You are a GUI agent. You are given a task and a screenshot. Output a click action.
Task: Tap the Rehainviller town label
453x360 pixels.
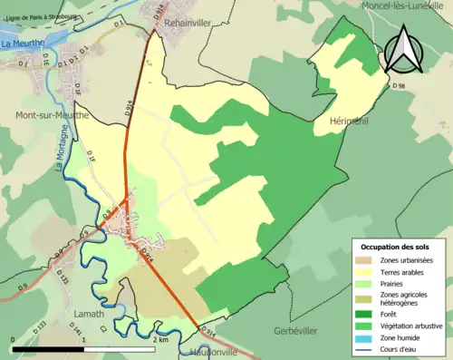coord(188,20)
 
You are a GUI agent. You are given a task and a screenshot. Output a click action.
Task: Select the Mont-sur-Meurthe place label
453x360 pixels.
coord(52,115)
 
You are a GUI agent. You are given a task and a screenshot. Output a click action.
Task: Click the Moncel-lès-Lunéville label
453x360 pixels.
coord(400,5)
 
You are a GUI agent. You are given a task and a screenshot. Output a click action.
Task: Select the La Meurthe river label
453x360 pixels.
coord(23,43)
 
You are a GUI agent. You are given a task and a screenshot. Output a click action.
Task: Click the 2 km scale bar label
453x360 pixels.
coord(160,339)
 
